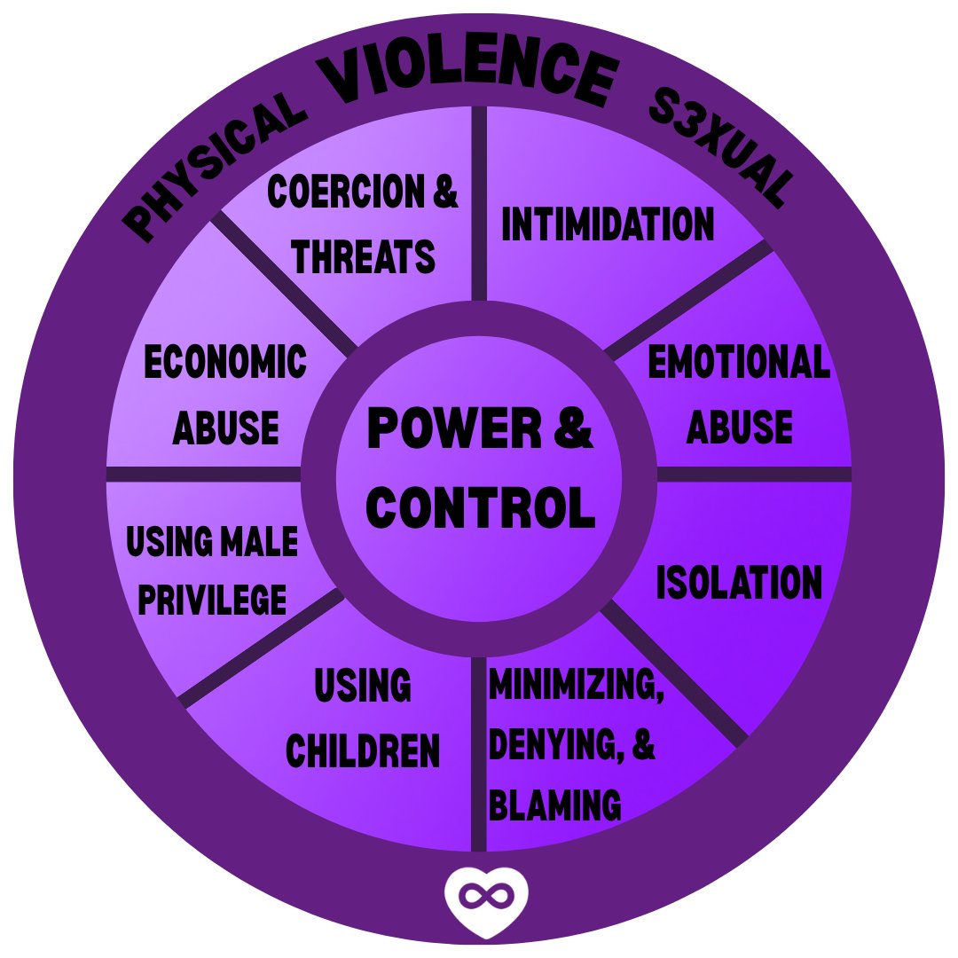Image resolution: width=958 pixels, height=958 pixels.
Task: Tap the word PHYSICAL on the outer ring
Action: tap(214, 168)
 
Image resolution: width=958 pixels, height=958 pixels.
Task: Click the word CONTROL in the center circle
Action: tap(480, 507)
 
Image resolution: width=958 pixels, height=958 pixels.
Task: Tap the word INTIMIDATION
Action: tap(608, 224)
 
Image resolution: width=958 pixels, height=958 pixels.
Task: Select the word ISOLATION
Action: tap(739, 583)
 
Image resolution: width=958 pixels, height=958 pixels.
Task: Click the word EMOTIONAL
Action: tap(739, 363)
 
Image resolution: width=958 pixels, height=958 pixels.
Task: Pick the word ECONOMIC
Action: tap(225, 363)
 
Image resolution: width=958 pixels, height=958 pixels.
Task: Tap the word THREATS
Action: tap(364, 256)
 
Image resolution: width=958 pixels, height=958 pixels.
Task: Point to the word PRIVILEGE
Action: tap(213, 599)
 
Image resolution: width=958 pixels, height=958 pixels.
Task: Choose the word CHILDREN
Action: tap(363, 750)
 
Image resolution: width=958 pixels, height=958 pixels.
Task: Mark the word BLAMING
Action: tap(554, 805)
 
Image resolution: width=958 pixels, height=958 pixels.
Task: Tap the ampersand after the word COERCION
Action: tap(446, 192)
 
